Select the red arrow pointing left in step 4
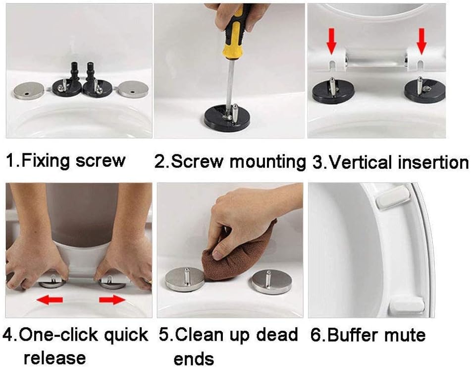51,299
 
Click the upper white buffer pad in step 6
393,200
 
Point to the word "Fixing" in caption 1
46,161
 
